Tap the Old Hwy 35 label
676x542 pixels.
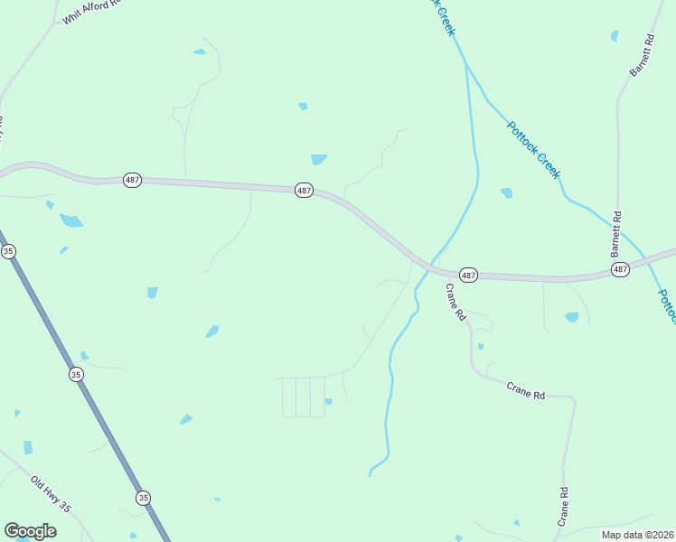pyautogui.click(x=51, y=494)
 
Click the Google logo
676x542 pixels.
pyautogui.click(x=30, y=531)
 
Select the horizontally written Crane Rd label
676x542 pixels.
pyautogui.click(x=525, y=390)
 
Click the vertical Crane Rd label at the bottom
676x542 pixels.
pyautogui.click(x=563, y=507)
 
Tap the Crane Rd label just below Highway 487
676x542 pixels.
pyautogui.click(x=455, y=303)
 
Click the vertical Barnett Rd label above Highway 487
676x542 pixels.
pyautogui.click(x=617, y=233)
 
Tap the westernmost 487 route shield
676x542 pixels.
pyautogui.click(x=133, y=180)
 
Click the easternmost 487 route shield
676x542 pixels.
pyautogui.click(x=619, y=270)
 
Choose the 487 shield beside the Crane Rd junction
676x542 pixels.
pyautogui.click(x=467, y=274)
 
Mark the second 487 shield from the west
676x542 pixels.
pyautogui.click(x=304, y=191)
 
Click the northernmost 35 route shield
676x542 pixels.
pyautogui.click(x=8, y=251)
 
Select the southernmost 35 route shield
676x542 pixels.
pyautogui.click(x=143, y=498)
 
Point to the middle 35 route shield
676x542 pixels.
pyautogui.click(x=76, y=374)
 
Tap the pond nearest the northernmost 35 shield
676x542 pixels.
pyautogui.click(x=62, y=249)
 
